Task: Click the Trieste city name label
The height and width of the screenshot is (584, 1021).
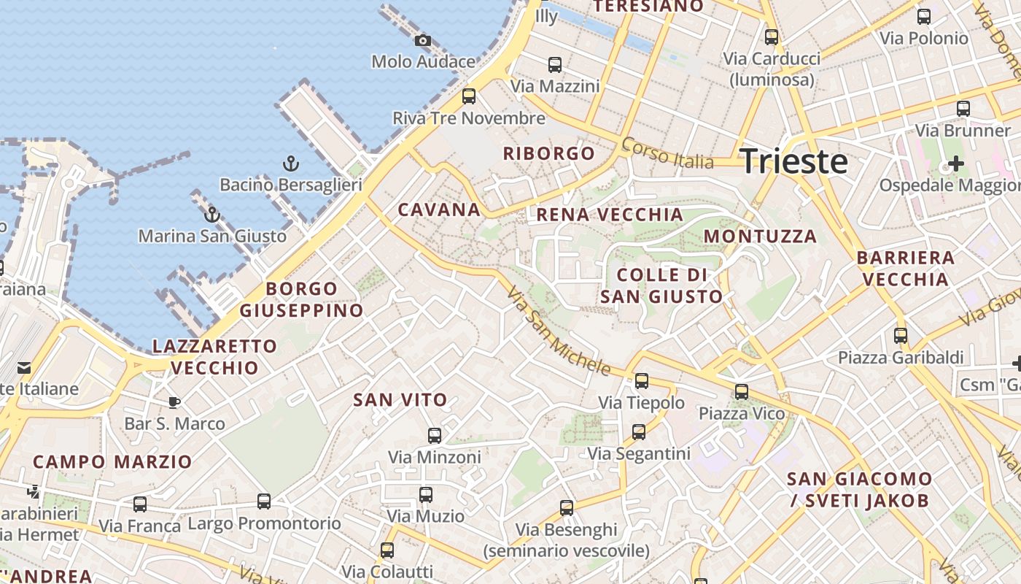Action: pyautogui.click(x=793, y=161)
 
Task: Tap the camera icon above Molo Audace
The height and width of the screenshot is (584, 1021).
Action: pyautogui.click(x=422, y=41)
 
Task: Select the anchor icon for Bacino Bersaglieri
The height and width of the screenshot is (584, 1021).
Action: pyautogui.click(x=291, y=164)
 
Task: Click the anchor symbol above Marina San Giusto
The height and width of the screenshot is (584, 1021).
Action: pyautogui.click(x=212, y=215)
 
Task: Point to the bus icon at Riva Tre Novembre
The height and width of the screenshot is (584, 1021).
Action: pyautogui.click(x=469, y=96)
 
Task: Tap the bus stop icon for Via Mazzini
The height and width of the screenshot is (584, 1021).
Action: pyautogui.click(x=555, y=65)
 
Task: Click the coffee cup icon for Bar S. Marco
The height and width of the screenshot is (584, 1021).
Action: pyautogui.click(x=174, y=402)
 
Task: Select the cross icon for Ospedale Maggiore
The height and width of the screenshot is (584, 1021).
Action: pyautogui.click(x=955, y=164)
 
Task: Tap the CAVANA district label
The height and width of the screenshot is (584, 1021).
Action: pyautogui.click(x=439, y=210)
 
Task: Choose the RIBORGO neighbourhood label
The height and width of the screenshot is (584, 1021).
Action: pyautogui.click(x=549, y=153)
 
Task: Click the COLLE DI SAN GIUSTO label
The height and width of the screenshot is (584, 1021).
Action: pyautogui.click(x=661, y=285)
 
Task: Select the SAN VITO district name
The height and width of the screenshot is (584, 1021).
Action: pyautogui.click(x=400, y=400)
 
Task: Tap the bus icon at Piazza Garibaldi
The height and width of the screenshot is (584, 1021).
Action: pyautogui.click(x=901, y=336)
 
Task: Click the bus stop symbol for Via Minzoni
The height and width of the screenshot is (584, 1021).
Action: pyautogui.click(x=435, y=436)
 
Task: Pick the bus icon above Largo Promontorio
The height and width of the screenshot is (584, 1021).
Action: pyautogui.click(x=264, y=502)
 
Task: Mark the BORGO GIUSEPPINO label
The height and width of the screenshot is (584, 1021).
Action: pyautogui.click(x=301, y=299)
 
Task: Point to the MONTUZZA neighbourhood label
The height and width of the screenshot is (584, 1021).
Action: pyautogui.click(x=760, y=237)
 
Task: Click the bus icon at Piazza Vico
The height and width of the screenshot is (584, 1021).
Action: pyautogui.click(x=742, y=392)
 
